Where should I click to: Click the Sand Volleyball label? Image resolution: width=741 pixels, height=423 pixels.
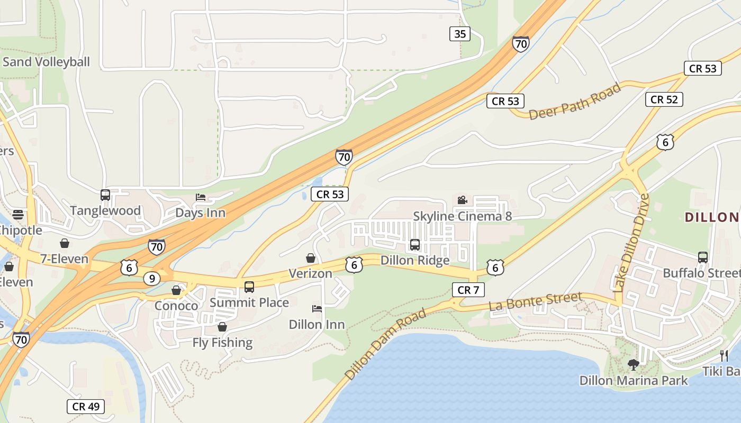point(47,62)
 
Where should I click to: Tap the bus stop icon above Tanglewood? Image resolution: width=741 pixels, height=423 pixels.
point(105,195)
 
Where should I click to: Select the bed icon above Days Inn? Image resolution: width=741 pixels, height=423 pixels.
point(201,197)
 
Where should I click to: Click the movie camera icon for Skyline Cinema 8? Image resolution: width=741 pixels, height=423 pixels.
point(462,200)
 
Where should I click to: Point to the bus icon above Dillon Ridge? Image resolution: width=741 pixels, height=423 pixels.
point(415,245)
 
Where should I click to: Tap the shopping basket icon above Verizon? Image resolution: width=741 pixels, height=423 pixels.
point(311,258)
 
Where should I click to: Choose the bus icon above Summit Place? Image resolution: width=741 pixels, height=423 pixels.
point(249,287)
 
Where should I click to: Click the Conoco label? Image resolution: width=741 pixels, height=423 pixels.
point(176,306)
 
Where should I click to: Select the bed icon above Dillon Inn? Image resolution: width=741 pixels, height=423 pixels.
point(317,309)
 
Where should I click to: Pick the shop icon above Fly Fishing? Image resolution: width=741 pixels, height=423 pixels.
point(222,327)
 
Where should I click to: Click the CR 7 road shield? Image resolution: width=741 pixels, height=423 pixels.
point(468,290)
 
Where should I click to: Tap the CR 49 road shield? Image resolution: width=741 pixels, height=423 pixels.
point(86,407)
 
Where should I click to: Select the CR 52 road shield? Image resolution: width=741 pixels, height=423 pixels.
point(664,99)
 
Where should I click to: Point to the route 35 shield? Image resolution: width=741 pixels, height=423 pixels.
point(460,34)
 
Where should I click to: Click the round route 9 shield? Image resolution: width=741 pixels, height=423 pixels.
point(151,278)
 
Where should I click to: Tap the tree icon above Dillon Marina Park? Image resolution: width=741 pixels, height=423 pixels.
point(633,364)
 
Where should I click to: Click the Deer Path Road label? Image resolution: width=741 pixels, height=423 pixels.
point(575,102)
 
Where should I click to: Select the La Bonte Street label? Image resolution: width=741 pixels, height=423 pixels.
point(535,301)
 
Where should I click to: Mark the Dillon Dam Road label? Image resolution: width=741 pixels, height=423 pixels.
point(385,344)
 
